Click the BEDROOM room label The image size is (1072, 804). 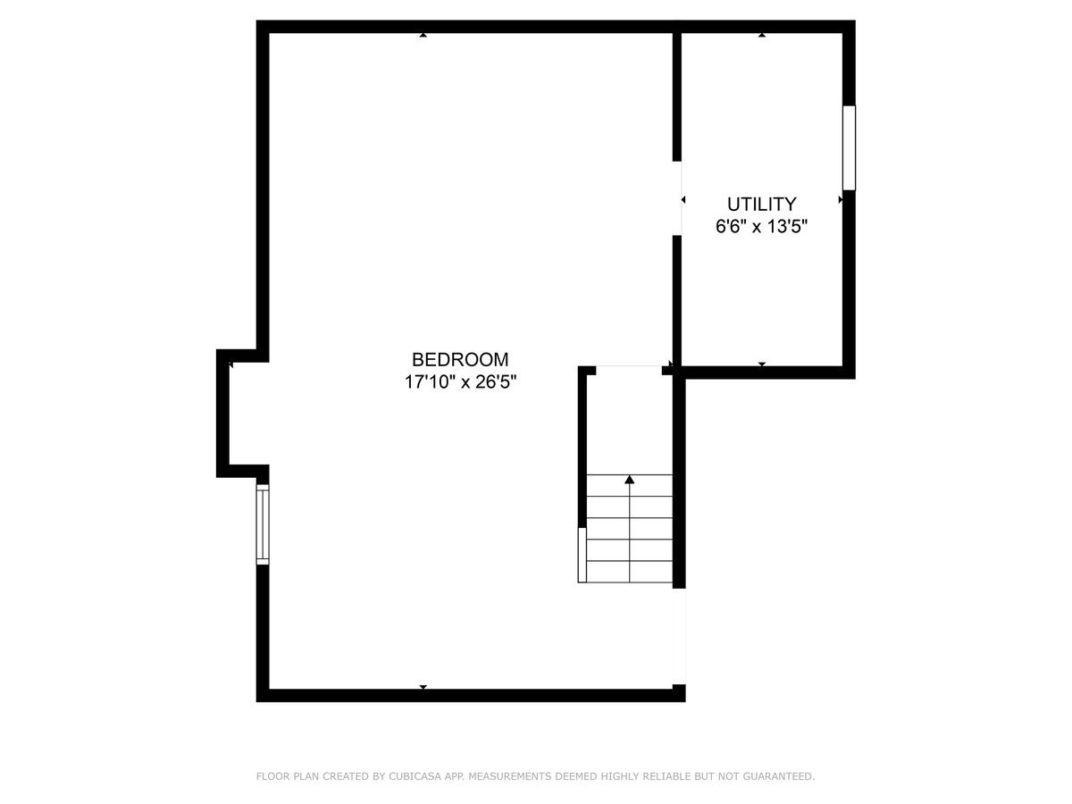click(x=460, y=360)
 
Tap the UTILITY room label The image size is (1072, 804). click(x=761, y=204)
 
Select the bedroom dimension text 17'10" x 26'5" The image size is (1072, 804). click(x=460, y=382)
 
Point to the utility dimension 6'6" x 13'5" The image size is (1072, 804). click(x=761, y=226)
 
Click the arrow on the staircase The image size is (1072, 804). click(x=630, y=481)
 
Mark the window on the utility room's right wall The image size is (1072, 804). click(x=849, y=147)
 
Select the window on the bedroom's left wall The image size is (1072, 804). click(x=263, y=523)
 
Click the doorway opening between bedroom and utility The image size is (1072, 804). click(x=678, y=198)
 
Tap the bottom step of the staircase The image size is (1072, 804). click(x=630, y=572)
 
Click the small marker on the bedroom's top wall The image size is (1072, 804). click(x=423, y=35)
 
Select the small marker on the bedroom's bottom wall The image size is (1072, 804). click(x=423, y=687)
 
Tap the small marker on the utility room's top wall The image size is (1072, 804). click(x=762, y=35)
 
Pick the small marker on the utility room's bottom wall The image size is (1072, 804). click(x=762, y=364)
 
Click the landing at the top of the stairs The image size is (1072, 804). click(x=630, y=420)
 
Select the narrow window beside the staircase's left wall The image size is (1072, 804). click(x=582, y=554)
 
